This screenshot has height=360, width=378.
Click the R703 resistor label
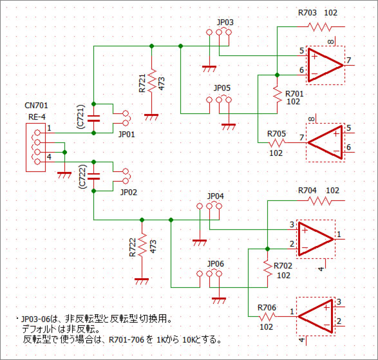(307, 13)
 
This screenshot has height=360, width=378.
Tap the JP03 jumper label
(225, 23)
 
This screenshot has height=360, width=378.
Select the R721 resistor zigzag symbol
(151, 81)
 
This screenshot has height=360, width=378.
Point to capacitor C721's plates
(94, 118)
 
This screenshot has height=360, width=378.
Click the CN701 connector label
(36, 106)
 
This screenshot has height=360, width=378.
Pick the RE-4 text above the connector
(37, 117)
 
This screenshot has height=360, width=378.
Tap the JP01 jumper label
(127, 135)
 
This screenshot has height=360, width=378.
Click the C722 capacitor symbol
(94, 176)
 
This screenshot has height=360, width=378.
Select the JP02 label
(129, 193)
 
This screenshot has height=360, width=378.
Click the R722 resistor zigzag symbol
(142, 245)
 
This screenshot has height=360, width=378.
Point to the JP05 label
(222, 88)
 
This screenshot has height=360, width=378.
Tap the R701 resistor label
(294, 94)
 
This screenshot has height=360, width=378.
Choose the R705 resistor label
(276, 134)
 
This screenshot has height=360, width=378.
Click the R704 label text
(307, 191)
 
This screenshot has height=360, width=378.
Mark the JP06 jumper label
(216, 264)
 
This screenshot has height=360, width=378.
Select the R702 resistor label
(283, 266)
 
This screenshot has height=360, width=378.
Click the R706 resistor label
(267, 308)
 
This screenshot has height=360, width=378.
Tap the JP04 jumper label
(216, 196)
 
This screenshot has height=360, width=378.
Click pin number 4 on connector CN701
(49, 157)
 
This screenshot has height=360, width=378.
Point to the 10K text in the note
(188, 340)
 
